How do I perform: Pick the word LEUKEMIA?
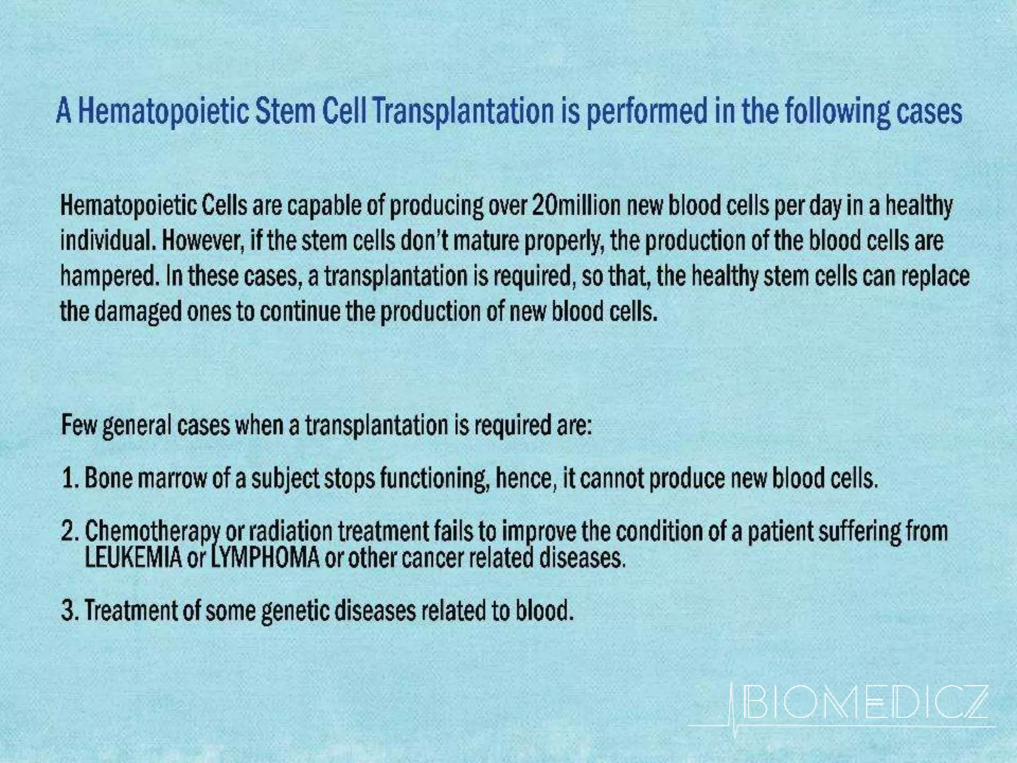point(133,558)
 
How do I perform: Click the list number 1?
point(69,479)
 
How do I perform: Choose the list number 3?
point(69,610)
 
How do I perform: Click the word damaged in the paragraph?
point(138,312)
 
